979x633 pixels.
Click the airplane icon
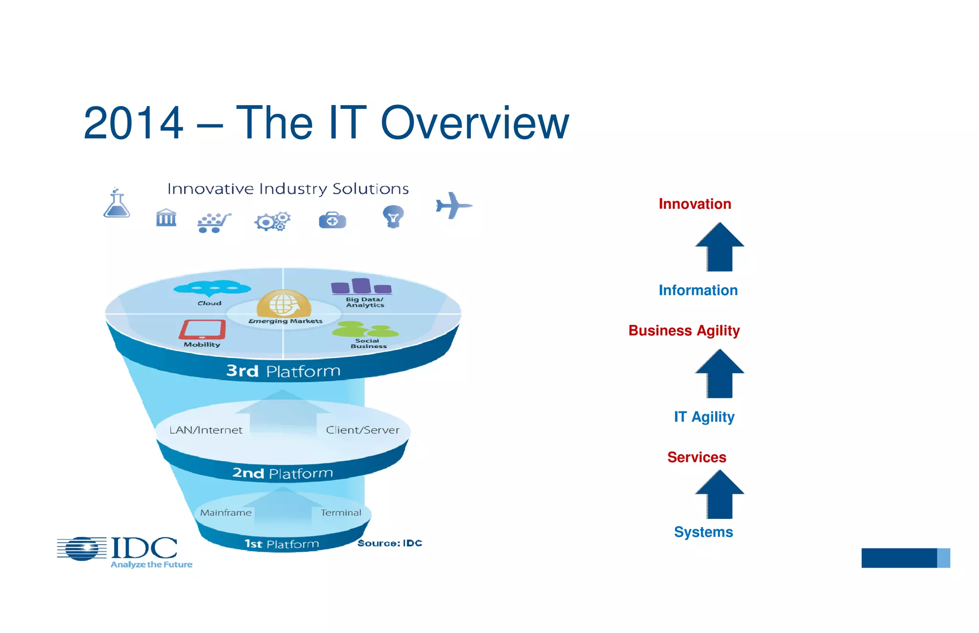pyautogui.click(x=453, y=205)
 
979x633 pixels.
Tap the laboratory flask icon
pyautogui.click(x=117, y=204)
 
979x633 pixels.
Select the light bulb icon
pyautogui.click(x=393, y=216)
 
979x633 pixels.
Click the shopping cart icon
pyautogui.click(x=214, y=223)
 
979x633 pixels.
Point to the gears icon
pyautogui.click(x=272, y=222)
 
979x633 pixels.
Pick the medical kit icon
pyautogui.click(x=332, y=220)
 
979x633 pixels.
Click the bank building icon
pyautogui.click(x=166, y=218)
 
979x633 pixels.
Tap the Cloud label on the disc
pyautogui.click(x=209, y=303)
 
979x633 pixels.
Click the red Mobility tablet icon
pyautogui.click(x=202, y=329)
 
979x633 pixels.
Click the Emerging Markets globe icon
pyautogui.click(x=284, y=303)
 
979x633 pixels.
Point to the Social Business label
pyautogui.click(x=368, y=343)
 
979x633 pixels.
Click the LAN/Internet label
pyautogui.click(x=206, y=430)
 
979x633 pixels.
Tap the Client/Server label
pyautogui.click(x=362, y=430)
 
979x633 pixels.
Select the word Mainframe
pyautogui.click(x=226, y=513)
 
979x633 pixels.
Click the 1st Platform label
pyautogui.click(x=282, y=544)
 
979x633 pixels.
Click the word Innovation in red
pyautogui.click(x=695, y=204)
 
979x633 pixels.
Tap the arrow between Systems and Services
pyautogui.click(x=719, y=494)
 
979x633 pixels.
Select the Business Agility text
pyautogui.click(x=684, y=331)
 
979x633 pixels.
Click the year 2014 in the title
pyautogui.click(x=133, y=123)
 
